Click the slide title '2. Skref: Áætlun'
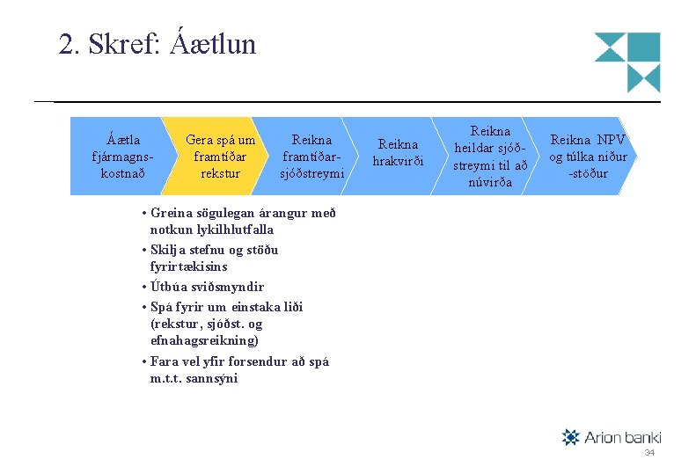coord(157,43)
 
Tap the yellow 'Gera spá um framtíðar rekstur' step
coord(220,156)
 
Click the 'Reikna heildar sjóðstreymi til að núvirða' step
coord(490,156)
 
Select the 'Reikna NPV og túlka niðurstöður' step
coord(588,156)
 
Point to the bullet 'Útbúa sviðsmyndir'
coord(207,287)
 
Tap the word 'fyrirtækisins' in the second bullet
coord(188,266)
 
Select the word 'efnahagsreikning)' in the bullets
coord(204,340)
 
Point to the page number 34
coord(649,452)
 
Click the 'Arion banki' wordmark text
coord(622,437)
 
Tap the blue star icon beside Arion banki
coord(570,437)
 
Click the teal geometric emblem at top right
coord(627,62)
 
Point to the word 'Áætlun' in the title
coord(214,43)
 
